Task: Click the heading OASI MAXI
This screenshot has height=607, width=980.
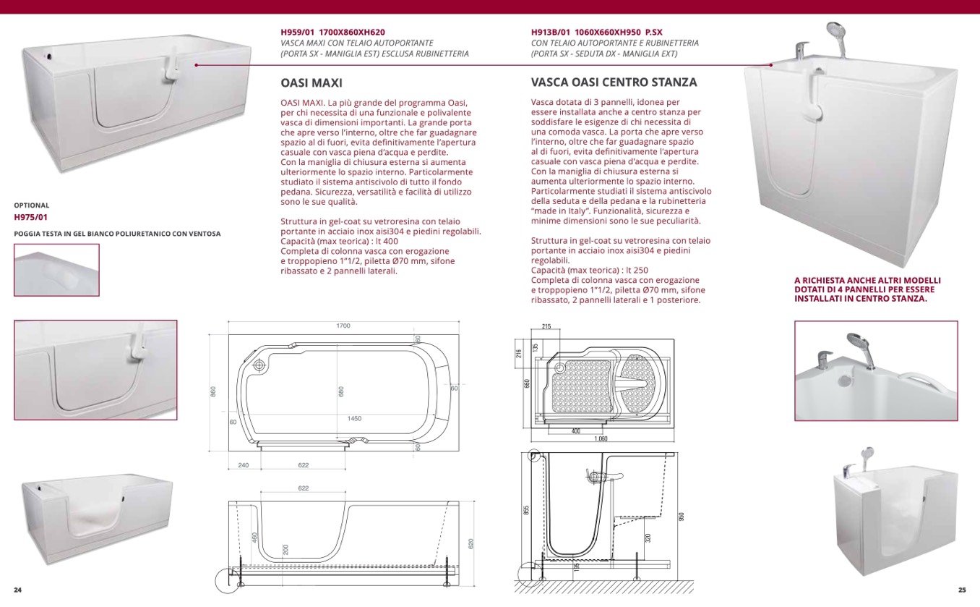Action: click(311, 82)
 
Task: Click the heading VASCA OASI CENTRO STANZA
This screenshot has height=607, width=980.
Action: click(614, 82)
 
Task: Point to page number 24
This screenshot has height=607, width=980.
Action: click(18, 590)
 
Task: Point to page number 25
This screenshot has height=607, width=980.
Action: click(961, 590)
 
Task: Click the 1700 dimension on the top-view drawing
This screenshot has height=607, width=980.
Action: click(343, 326)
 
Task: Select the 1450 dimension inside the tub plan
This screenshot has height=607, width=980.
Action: click(354, 419)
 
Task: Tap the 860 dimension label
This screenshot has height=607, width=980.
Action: click(213, 391)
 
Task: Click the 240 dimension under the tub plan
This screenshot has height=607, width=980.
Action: click(243, 465)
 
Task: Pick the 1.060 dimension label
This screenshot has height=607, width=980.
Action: click(601, 438)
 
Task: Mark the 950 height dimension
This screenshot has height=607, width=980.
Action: click(681, 516)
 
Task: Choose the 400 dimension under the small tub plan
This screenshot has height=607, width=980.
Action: click(575, 431)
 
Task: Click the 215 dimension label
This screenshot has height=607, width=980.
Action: click(546, 327)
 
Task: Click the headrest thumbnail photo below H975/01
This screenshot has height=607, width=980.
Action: click(56, 270)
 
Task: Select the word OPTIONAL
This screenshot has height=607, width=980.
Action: click(32, 205)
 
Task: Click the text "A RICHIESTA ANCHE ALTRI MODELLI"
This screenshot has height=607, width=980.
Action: click(867, 280)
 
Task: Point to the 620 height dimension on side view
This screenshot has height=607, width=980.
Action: click(470, 543)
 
